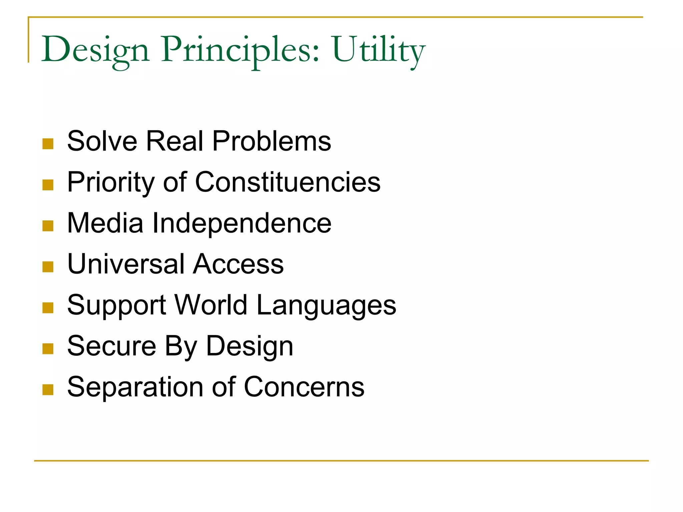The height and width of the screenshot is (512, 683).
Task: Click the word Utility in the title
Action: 379,50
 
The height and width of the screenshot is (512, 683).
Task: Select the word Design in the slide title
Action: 95,50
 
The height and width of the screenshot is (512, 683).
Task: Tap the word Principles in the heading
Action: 240,50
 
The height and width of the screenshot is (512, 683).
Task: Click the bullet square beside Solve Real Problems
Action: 48,144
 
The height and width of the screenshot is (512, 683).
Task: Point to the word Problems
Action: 271,141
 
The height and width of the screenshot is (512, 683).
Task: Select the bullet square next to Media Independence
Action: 48,226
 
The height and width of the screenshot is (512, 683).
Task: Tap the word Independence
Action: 242,223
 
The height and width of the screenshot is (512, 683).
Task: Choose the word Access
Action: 238,264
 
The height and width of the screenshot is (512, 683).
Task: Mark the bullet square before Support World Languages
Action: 48,308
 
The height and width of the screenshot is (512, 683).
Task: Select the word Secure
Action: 112,346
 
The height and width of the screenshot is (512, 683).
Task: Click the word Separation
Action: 135,387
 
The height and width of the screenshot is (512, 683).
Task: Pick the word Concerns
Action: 304,387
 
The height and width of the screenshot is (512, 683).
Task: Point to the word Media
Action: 105,223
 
